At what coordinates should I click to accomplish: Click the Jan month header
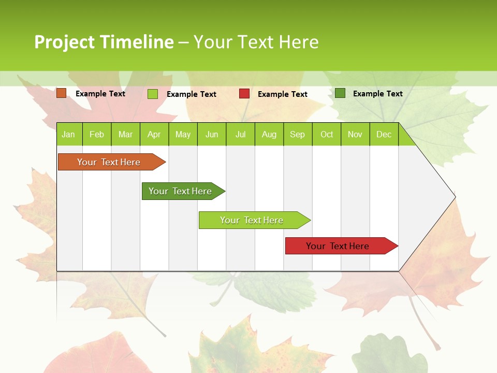pos(68,135)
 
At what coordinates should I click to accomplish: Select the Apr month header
pos(154,135)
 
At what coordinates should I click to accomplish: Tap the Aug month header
pos(269,135)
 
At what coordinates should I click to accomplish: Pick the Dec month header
pos(384,135)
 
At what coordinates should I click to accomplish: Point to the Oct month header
pos(327,135)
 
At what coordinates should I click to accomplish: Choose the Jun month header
pos(212,135)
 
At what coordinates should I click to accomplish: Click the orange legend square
pos(62,93)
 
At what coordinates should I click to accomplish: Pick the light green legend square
pos(153,94)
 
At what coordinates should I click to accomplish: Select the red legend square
pos(244,94)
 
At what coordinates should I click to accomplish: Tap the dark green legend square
pos(340,93)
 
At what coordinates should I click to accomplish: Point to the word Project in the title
pos(64,42)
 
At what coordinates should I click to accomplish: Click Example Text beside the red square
pos(282,94)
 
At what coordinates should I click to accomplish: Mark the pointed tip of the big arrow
pos(454,197)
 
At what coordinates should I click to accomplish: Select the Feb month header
pos(97,135)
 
